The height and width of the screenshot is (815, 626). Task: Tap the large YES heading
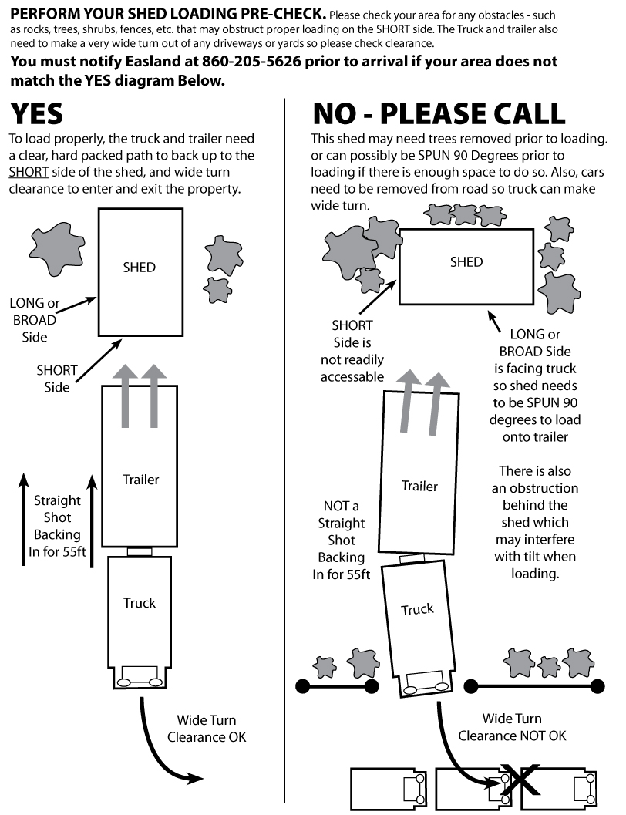pos(36,114)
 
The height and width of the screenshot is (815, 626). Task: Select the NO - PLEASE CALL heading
pos(438,114)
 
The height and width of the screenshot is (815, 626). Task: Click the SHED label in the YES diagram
pos(139,268)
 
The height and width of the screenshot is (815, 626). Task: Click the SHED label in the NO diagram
pos(466,262)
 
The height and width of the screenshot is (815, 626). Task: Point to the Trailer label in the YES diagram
pos(140,480)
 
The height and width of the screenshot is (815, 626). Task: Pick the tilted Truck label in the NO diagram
pos(417,610)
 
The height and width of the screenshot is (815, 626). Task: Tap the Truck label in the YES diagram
pos(140,603)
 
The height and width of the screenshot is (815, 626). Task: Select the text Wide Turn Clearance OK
pos(207,729)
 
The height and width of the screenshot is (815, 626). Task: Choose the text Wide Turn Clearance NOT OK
pos(512,727)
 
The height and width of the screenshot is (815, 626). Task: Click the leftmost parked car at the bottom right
pos(385,787)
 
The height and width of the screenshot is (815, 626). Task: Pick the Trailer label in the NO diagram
pos(419,487)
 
